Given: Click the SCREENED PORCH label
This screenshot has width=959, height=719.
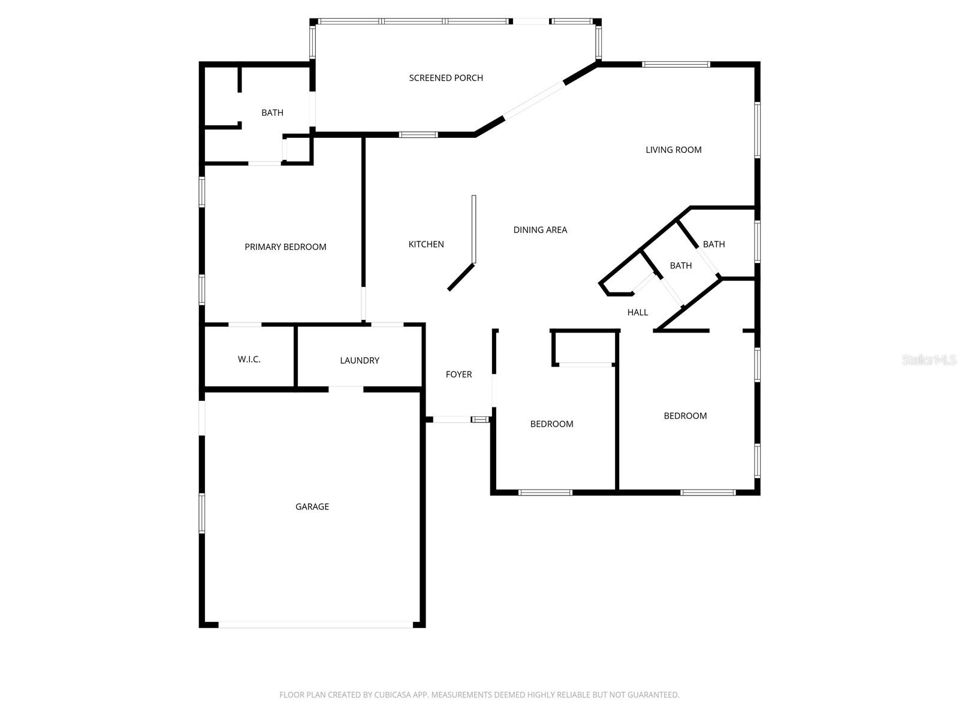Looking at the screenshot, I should (x=446, y=78).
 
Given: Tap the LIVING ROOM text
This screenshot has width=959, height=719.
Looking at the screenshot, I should (x=673, y=150).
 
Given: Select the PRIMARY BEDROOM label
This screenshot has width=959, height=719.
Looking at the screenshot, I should (x=285, y=247).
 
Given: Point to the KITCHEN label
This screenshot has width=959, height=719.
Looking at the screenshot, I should (x=426, y=244).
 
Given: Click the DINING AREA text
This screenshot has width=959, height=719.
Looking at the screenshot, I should (x=540, y=229).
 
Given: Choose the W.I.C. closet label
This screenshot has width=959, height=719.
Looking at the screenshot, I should (x=249, y=359).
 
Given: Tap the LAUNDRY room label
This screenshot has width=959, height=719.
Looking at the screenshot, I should (x=360, y=360).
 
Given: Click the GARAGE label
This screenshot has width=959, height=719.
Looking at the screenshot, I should (x=312, y=506).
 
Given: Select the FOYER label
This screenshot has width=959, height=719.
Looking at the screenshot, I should (x=459, y=374).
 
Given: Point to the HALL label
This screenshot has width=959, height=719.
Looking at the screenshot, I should (x=638, y=312).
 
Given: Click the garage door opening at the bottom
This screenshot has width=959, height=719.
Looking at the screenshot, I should (x=315, y=624).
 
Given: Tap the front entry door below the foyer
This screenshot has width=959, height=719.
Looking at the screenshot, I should (x=452, y=419).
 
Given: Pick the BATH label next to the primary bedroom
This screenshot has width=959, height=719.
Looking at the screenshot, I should (x=272, y=113).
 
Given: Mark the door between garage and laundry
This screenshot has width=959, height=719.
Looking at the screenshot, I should (x=346, y=389).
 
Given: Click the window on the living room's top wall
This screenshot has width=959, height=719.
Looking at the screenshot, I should (x=675, y=64).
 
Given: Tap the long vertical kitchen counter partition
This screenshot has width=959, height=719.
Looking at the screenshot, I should (x=474, y=229).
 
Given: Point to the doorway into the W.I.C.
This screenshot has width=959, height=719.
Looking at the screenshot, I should (x=245, y=325).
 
